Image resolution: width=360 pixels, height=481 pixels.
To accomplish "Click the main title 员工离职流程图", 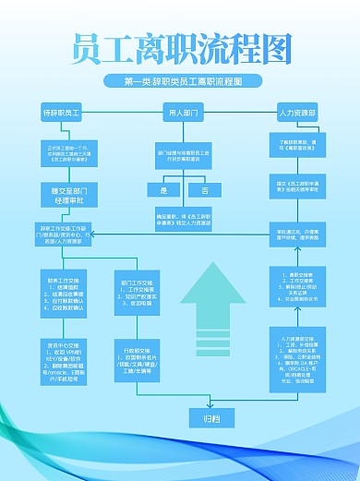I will tap(181, 45).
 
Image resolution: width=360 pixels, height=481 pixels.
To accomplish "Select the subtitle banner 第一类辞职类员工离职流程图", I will tap(181, 81).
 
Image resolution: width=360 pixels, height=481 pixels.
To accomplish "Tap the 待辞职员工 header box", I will tap(62, 113).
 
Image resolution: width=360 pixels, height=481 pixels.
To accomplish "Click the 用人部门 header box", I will tap(183, 113).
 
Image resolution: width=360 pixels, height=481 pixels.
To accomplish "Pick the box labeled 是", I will tap(163, 189).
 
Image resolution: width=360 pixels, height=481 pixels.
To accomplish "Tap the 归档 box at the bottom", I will tap(211, 417).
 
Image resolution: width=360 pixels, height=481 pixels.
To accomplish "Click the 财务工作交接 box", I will tap(63, 293).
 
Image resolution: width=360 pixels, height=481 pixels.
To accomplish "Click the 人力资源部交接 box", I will tap(296, 359).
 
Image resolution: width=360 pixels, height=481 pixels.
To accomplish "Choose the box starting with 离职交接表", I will tap(297, 289).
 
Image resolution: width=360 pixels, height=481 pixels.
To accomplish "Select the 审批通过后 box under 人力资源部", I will tap(297, 232).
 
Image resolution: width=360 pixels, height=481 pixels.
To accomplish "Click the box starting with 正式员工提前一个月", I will tap(62, 152).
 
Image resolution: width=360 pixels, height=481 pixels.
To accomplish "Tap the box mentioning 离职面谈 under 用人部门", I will tap(183, 152).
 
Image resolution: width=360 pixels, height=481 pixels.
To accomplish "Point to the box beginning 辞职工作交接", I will tap(62, 234).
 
